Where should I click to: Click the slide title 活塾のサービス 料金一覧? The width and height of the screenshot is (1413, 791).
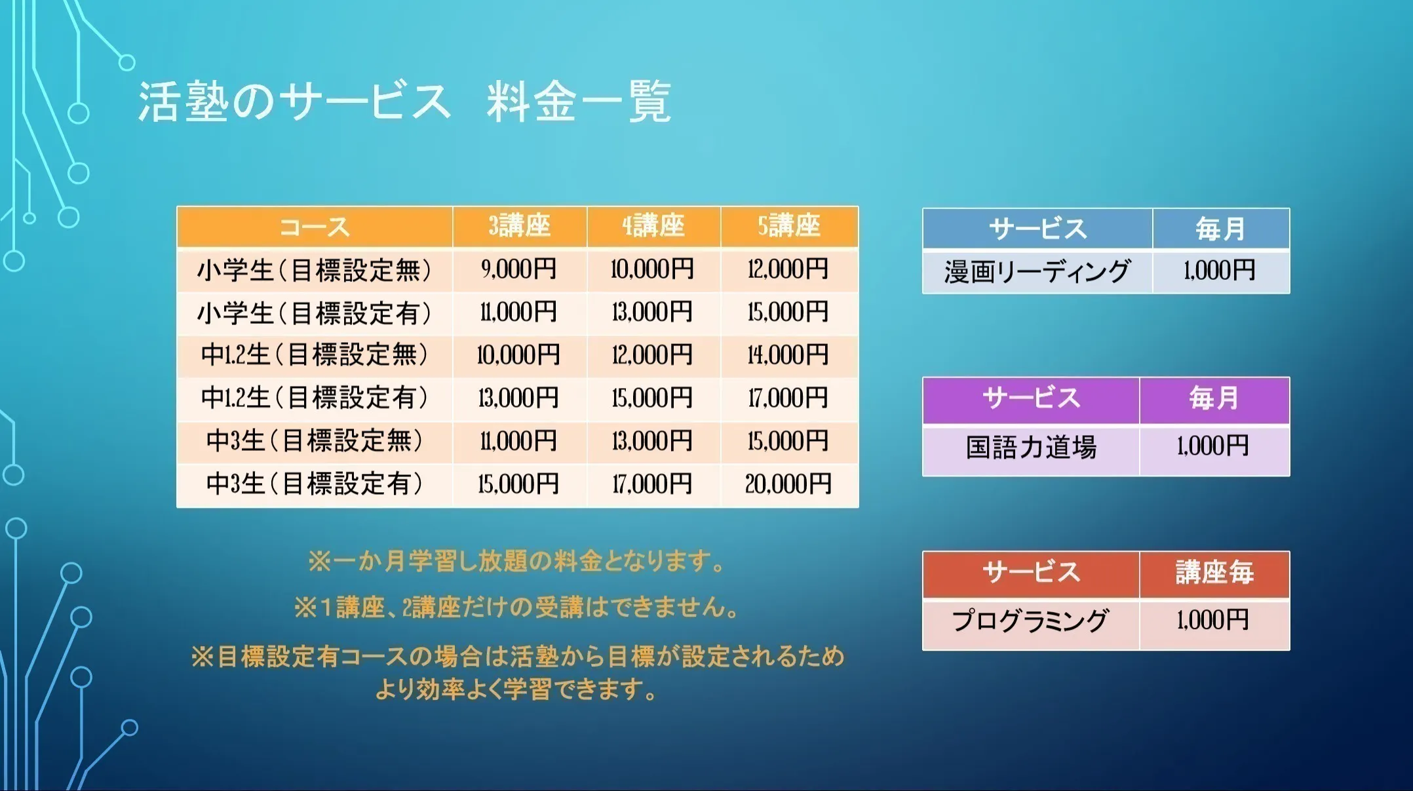pyautogui.click(x=404, y=102)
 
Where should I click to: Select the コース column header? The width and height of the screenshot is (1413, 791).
pyautogui.click(x=315, y=227)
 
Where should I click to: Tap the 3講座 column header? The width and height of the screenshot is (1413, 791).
pyautogui.click(x=519, y=227)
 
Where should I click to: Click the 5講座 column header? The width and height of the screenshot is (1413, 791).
pyautogui.click(x=789, y=227)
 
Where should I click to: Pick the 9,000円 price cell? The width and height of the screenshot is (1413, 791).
pyautogui.click(x=519, y=269)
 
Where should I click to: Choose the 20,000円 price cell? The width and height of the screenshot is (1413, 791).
pyautogui.click(x=789, y=484)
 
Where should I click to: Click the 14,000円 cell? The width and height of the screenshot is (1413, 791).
pyautogui.click(x=789, y=355)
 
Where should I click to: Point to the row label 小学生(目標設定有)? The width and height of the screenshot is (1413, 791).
pyautogui.click(x=315, y=313)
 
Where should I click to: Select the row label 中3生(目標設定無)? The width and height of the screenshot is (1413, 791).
pyautogui.click(x=315, y=441)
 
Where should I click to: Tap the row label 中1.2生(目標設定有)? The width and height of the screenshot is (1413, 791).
pyautogui.click(x=315, y=398)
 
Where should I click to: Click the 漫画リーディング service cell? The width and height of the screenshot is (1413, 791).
pyautogui.click(x=1037, y=271)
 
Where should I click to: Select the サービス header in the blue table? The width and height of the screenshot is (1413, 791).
pyautogui.click(x=1037, y=229)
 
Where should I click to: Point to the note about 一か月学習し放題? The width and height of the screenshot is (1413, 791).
pyautogui.click(x=517, y=562)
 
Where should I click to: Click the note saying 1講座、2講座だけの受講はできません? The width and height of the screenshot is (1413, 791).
pyautogui.click(x=517, y=608)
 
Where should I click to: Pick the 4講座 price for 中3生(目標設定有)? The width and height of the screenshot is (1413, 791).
pyautogui.click(x=653, y=484)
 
